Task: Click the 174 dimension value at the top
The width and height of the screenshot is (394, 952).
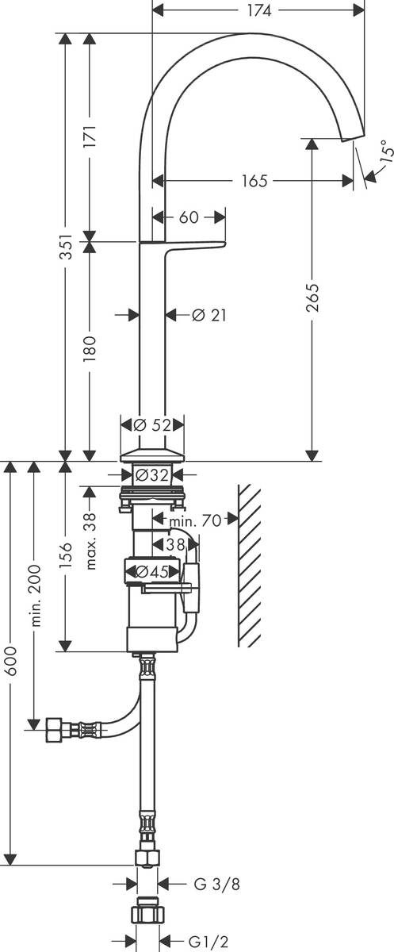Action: tap(259, 10)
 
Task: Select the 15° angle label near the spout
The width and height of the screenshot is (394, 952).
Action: tap(386, 151)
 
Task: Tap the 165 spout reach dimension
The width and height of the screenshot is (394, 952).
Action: tap(254, 181)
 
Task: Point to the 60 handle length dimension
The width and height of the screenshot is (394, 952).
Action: tap(189, 217)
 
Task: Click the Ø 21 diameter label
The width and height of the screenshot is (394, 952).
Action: tap(208, 316)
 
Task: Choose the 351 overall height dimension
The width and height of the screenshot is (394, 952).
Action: tap(66, 246)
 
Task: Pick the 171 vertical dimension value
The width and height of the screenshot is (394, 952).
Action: tap(90, 136)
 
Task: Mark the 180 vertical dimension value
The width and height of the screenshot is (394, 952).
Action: tap(90, 348)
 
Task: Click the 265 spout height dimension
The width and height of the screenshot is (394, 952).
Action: tap(313, 297)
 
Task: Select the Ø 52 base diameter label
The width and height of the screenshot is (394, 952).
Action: tap(152, 424)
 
